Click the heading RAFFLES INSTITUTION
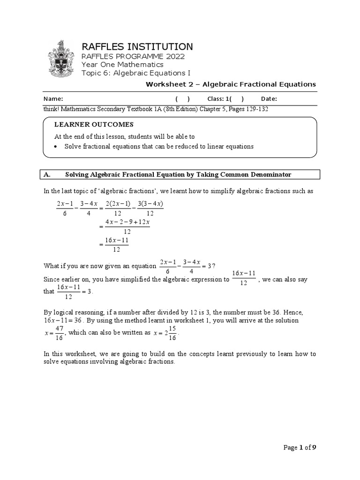[137, 46]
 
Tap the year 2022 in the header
[172, 56]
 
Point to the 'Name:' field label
[53, 99]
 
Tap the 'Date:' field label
[269, 99]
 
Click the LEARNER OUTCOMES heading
[94, 124]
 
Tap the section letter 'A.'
[47, 174]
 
